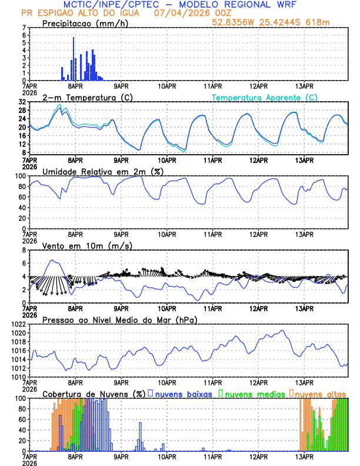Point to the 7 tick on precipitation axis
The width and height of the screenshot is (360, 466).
24,28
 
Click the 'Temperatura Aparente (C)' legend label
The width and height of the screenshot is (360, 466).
265,97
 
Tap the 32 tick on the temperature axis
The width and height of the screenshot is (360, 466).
22,102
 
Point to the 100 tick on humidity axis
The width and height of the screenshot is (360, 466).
21,176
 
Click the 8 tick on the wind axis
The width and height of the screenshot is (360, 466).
24,250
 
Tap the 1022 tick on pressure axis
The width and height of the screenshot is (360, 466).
18,324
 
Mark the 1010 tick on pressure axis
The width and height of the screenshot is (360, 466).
18,377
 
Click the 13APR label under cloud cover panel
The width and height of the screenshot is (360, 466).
304,456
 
